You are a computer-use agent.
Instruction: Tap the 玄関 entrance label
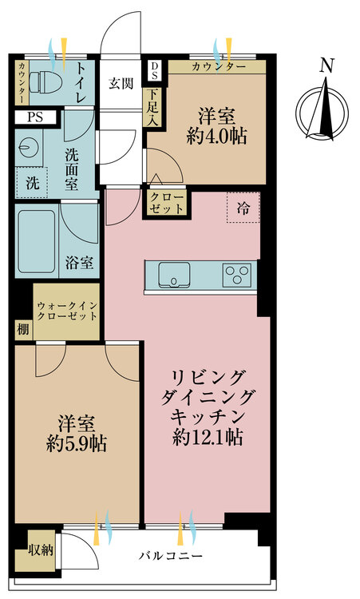[122, 81]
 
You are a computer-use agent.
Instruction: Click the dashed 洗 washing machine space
[32, 181]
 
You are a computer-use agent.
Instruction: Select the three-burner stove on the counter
[235, 274]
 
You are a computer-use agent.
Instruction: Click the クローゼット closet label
[166, 202]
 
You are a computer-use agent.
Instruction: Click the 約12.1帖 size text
[208, 437]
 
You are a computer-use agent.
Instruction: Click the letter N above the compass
[325, 66]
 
